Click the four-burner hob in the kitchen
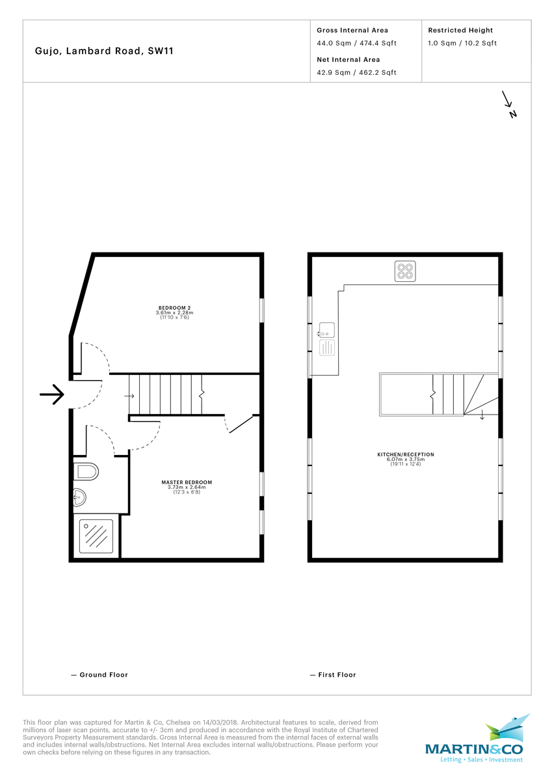click(405, 271)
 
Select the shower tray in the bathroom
click(96, 536)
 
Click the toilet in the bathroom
click(85, 471)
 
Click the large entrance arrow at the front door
click(51, 394)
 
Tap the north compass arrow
click(508, 104)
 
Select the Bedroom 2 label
click(174, 311)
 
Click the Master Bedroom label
click(187, 486)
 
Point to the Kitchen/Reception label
click(405, 458)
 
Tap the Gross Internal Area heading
click(352, 31)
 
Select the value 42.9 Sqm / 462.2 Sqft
click(356, 73)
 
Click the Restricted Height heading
click(460, 31)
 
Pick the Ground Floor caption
click(99, 675)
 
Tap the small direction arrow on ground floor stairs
click(129, 396)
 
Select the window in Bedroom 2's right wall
click(261, 310)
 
